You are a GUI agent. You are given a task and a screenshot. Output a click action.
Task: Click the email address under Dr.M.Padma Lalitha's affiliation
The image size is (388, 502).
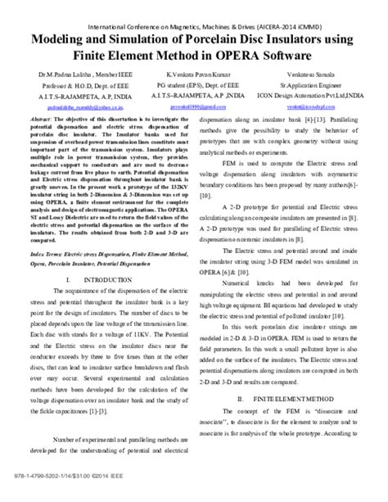point(66,105)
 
